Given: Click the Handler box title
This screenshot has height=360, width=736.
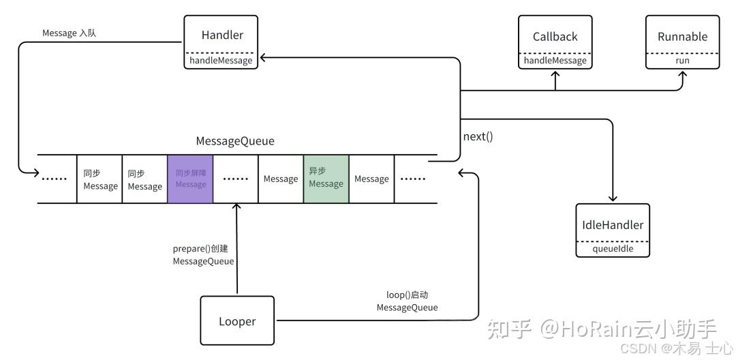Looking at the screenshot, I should (x=222, y=35).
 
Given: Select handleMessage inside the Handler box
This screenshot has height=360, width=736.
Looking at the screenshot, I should (x=222, y=60).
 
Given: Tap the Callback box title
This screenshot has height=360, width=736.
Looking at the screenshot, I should (x=555, y=37).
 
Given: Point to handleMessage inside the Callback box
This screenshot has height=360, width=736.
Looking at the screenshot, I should (x=555, y=60).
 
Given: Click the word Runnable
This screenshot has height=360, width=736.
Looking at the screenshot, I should (x=682, y=37).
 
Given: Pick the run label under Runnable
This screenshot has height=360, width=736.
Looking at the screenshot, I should (x=682, y=60).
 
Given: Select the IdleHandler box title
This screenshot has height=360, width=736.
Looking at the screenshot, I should (x=613, y=224).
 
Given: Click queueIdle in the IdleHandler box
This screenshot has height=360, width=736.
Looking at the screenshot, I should (x=613, y=249).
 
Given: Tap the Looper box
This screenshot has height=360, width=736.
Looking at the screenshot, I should (x=237, y=321).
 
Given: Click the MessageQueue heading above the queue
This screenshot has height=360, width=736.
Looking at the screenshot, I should (x=235, y=141).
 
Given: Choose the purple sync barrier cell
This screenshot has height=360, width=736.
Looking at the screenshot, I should (x=190, y=179).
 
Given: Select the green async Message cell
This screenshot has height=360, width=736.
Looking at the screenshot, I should (x=326, y=178).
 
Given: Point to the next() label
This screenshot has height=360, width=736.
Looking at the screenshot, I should (x=478, y=136).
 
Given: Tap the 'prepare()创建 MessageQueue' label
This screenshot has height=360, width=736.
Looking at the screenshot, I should (x=203, y=255).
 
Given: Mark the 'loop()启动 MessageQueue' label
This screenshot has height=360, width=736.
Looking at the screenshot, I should (x=407, y=301).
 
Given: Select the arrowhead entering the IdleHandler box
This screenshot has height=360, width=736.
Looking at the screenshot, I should (x=613, y=198).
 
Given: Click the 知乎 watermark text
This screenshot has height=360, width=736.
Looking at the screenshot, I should (x=511, y=329).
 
